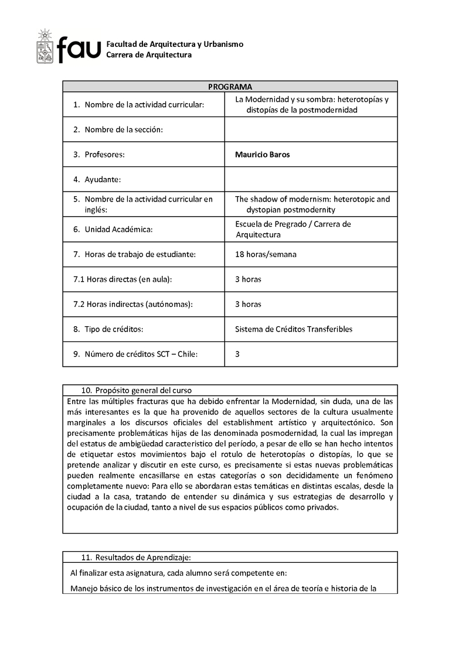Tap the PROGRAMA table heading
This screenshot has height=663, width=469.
[230, 87]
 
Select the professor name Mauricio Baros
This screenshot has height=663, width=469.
[262, 155]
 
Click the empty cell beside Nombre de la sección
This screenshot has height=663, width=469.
[311, 129]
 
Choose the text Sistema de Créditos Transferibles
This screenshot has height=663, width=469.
[294, 329]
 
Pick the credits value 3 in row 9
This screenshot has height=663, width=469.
[237, 354]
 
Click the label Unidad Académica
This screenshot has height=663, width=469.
[118, 229]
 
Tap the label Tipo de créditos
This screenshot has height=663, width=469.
[114, 329]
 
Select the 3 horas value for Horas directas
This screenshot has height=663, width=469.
[248, 279]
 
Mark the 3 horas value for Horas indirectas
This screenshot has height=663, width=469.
[248, 304]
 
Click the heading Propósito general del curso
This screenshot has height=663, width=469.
[143, 390]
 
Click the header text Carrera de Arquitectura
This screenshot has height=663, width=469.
[149, 55]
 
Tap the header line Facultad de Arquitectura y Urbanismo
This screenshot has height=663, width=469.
[175, 45]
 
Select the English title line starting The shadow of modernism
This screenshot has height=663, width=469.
[312, 199]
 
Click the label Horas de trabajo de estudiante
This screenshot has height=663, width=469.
[140, 254]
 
